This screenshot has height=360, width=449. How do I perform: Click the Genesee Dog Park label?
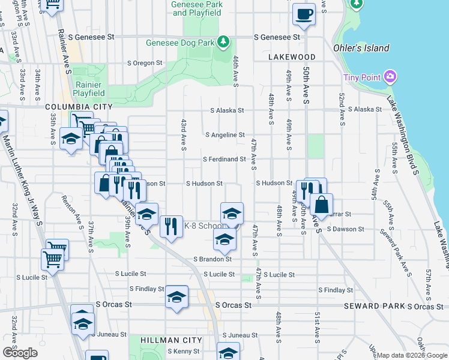(180, 43)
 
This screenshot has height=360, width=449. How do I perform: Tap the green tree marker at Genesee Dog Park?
(224, 41)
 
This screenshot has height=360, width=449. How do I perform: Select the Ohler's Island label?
(361, 48)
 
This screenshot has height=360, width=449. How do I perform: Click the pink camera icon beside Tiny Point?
(391, 77)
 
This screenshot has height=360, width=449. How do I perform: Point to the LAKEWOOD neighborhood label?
(292, 57)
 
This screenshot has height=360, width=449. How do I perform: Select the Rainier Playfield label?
(89, 89)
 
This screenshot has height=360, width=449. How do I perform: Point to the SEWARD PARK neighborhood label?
(374, 306)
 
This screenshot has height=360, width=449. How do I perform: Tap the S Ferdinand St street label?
(224, 160)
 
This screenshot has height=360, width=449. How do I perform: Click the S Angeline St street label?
(224, 136)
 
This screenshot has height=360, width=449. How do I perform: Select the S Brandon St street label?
(212, 259)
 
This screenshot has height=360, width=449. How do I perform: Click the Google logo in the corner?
(20, 353)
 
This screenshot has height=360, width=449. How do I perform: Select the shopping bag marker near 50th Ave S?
(322, 205)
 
